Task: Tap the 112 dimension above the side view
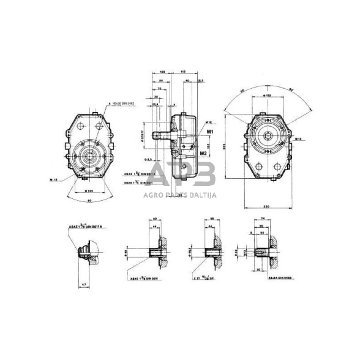pos(183,72)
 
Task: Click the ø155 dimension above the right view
pos(268,97)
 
